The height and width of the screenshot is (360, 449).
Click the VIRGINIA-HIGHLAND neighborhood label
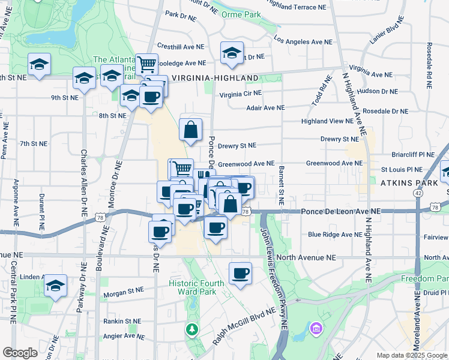click(x=215, y=78)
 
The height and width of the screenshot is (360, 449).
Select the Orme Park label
click(x=241, y=14)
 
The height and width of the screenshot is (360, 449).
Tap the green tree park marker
click(x=191, y=329)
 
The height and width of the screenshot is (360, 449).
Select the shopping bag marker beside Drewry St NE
click(x=190, y=130)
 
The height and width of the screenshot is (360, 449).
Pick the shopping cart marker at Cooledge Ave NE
click(x=146, y=64)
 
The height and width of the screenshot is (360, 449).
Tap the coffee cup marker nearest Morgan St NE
click(x=240, y=274)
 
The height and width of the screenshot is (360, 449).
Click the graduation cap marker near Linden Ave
click(x=56, y=286)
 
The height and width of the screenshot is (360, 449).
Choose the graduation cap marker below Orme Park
click(x=232, y=53)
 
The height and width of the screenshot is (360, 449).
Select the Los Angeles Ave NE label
click(x=303, y=42)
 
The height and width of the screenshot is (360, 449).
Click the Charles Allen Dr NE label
click(x=83, y=183)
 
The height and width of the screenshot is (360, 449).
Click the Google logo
click(x=20, y=353)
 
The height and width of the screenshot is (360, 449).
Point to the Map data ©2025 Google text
click(x=411, y=355)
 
